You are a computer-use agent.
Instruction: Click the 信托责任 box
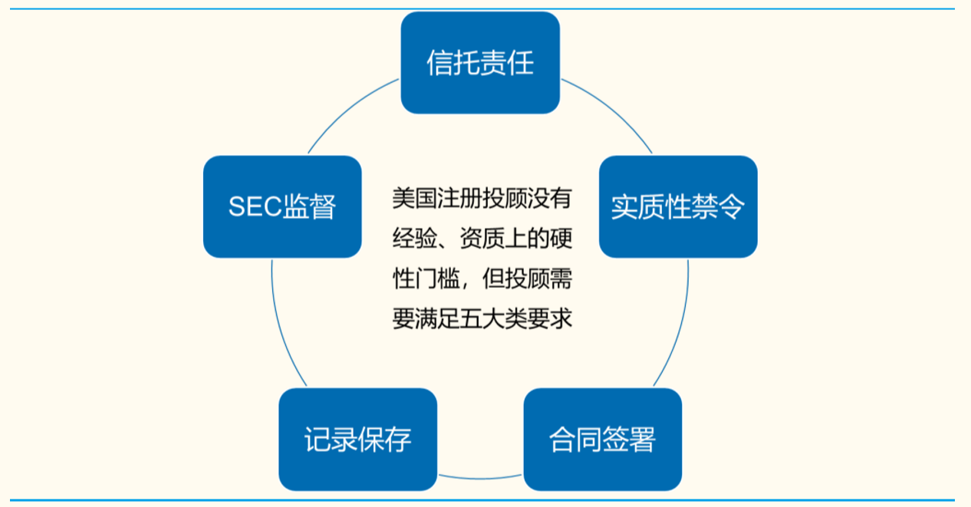pyautogui.click(x=480, y=63)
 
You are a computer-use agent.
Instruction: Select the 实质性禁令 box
pyautogui.click(x=678, y=206)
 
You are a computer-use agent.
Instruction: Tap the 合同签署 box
pyautogui.click(x=603, y=440)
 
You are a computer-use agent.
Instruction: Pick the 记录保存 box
pyautogui.click(x=357, y=440)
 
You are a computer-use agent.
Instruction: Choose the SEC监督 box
pyautogui.click(x=282, y=206)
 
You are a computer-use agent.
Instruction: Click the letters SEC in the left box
pyautogui.click(x=255, y=207)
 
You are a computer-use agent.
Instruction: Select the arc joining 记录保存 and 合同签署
pyautogui.click(x=480, y=476)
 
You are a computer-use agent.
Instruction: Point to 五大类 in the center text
pyautogui.click(x=502, y=318)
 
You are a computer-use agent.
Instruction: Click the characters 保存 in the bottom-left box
pyautogui.click(x=385, y=440)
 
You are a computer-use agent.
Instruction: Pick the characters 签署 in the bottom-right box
pyautogui.click(x=630, y=440)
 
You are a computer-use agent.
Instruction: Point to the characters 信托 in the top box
pyautogui.click(x=453, y=64)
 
